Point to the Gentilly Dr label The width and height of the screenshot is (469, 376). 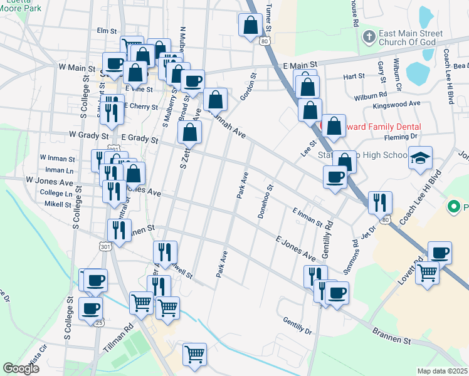coord(297,325)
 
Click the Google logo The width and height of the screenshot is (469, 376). coord(21,368)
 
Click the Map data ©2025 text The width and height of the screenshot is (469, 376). coord(443,371)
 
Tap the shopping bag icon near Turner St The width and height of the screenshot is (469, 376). coord(251,26)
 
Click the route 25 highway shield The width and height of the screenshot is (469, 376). coord(99,323)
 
